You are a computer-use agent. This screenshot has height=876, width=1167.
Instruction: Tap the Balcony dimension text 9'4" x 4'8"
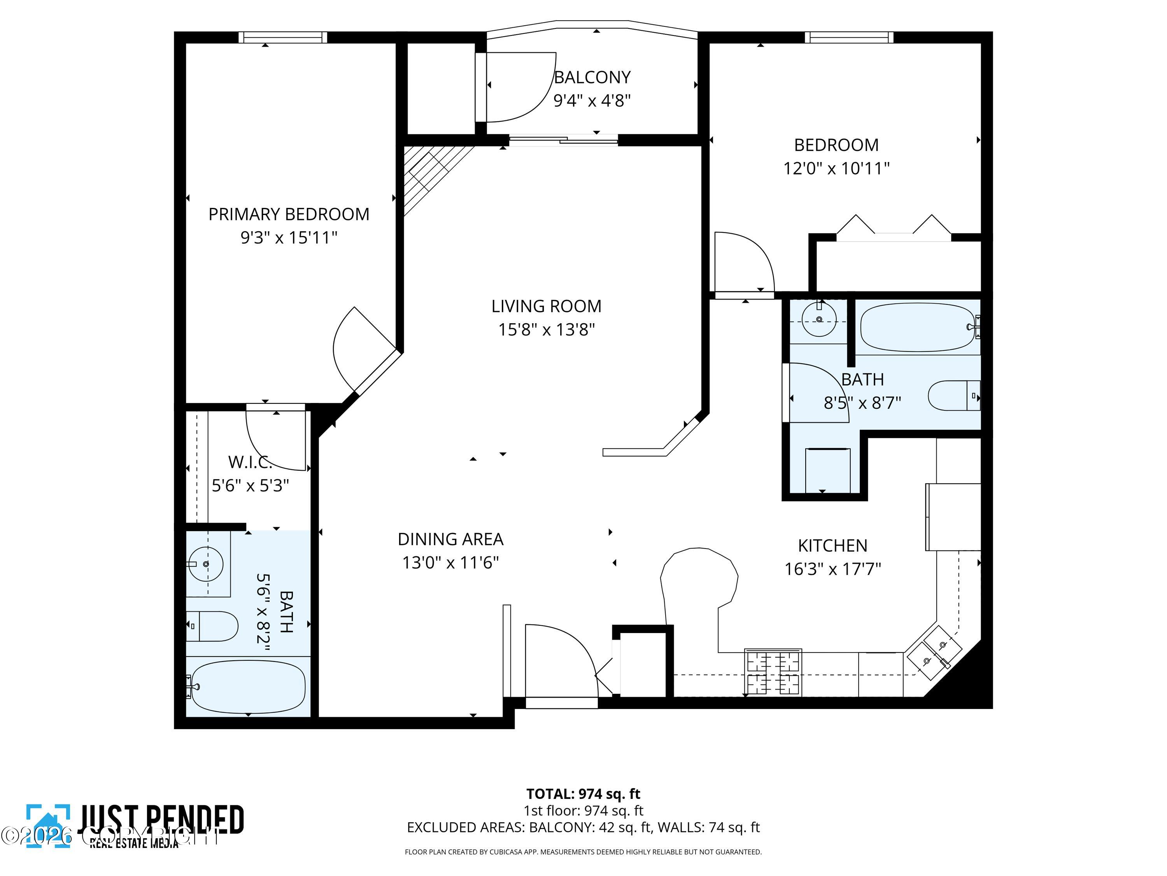[x=592, y=100]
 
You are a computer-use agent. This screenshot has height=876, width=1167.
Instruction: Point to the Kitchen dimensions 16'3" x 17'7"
[x=832, y=569]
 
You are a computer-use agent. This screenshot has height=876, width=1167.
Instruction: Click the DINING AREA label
[x=450, y=539]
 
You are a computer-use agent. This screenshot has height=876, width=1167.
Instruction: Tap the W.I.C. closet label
[x=250, y=462]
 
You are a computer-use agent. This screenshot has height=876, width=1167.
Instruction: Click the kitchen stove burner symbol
[x=773, y=672]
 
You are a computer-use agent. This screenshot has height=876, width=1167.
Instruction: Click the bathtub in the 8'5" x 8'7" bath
[x=917, y=327]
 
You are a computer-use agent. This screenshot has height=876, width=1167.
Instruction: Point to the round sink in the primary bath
[x=206, y=564]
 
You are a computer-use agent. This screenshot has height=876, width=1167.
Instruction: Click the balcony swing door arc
[x=522, y=87]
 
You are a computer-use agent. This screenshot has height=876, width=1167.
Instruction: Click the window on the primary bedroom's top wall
[x=282, y=37]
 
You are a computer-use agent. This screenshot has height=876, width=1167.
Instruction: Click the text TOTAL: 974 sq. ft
[x=583, y=793]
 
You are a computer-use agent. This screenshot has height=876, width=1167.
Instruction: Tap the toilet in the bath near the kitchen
[x=952, y=396]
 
